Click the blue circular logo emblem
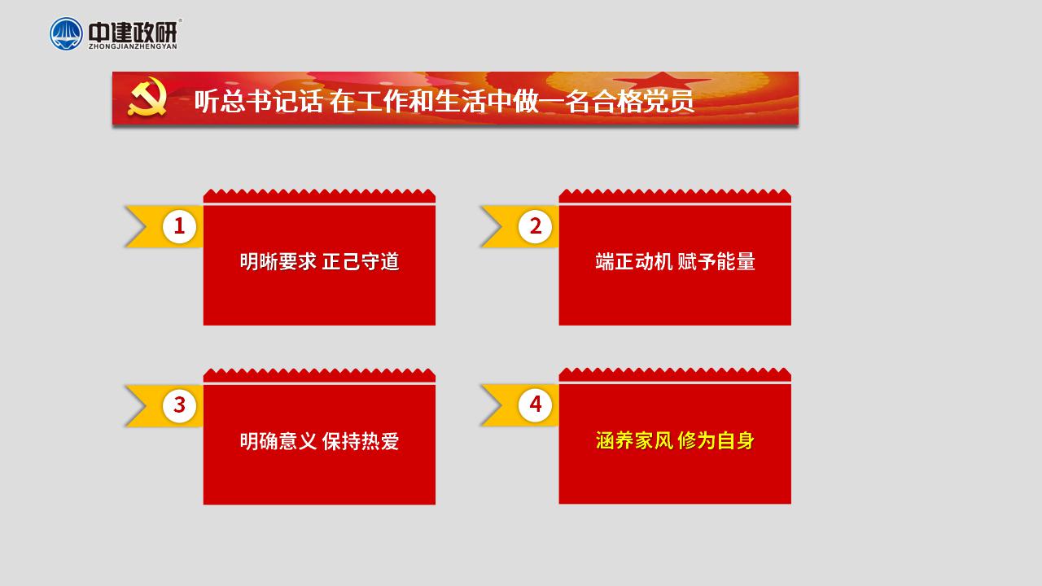(x=66, y=33)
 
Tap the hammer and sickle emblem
(x=147, y=97)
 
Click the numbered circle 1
(x=179, y=226)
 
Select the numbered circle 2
(x=536, y=226)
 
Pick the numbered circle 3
(x=179, y=405)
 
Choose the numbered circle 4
(x=536, y=405)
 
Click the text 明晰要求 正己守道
(x=320, y=262)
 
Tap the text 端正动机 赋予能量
(x=675, y=262)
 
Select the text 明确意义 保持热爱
(x=320, y=441)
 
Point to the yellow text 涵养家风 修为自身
(x=675, y=440)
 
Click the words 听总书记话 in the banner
(x=258, y=101)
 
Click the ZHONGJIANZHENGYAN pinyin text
(x=133, y=46)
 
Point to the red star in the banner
(x=663, y=81)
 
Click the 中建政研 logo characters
(x=133, y=32)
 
